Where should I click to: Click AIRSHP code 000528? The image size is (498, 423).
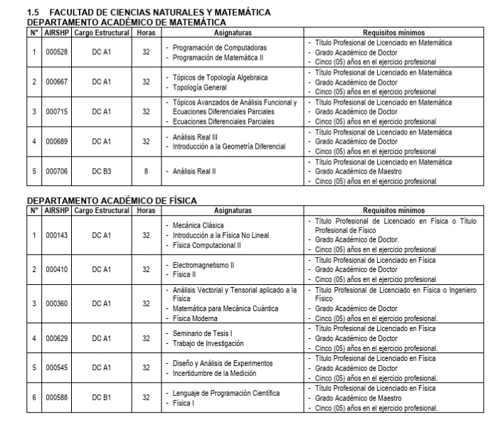click(56, 52)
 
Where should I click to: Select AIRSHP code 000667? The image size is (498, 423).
click(56, 82)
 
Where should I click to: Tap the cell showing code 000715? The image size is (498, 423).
click(56, 112)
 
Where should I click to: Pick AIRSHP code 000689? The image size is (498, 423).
click(56, 141)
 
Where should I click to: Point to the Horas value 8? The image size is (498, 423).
click(145, 171)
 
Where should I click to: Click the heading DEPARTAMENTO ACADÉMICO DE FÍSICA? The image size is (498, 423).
click(112, 201)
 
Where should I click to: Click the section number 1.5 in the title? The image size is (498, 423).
click(32, 13)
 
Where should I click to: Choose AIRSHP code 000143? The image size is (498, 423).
click(56, 235)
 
